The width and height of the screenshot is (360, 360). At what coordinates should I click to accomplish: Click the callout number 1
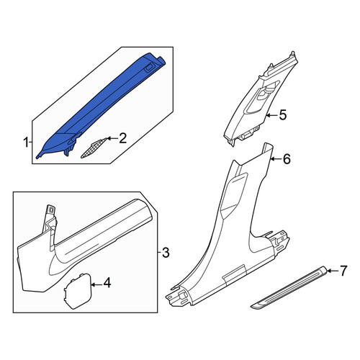(26, 143)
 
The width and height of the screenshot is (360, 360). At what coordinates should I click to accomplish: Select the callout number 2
(122, 138)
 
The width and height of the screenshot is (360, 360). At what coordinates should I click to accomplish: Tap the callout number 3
(166, 253)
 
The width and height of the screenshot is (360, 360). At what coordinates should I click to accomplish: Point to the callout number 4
(107, 283)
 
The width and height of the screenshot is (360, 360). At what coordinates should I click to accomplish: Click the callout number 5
(283, 115)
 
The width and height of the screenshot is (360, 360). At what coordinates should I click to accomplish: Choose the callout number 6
(287, 159)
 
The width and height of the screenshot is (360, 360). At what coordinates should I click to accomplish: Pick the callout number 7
(343, 271)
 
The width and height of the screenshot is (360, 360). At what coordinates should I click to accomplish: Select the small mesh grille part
(93, 148)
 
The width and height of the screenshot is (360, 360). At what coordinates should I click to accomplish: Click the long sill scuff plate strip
(289, 287)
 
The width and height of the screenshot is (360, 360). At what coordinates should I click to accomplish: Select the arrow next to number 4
(96, 285)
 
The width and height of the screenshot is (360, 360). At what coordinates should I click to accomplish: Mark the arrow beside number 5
(272, 115)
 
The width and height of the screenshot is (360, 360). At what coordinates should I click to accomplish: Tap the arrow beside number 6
(276, 158)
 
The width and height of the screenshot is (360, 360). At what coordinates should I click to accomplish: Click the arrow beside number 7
(333, 271)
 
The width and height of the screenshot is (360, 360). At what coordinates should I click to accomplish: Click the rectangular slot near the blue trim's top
(149, 68)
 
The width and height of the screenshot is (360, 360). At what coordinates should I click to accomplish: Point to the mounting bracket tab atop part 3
(51, 211)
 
